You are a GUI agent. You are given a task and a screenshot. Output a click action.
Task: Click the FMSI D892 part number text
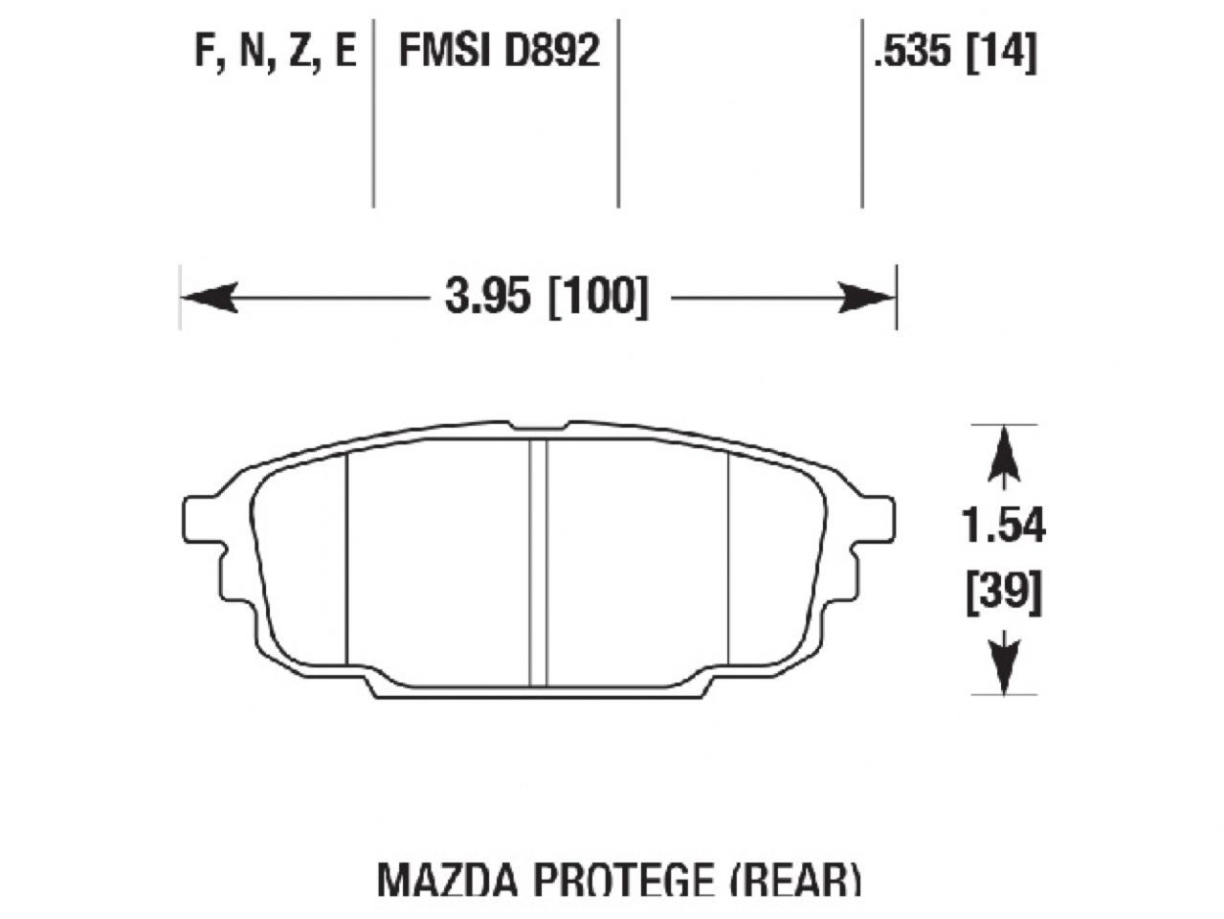tap(499, 50)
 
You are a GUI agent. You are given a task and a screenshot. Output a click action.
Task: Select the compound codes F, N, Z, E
tap(275, 50)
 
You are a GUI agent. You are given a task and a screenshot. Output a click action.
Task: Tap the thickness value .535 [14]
tap(954, 50)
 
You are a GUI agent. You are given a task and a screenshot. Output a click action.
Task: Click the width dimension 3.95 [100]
tap(545, 298)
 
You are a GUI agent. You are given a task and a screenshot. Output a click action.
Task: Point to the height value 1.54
tap(1003, 527)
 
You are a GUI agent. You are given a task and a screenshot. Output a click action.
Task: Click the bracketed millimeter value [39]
tap(1003, 593)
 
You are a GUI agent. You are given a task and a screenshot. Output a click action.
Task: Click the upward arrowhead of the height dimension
tap(1003, 455)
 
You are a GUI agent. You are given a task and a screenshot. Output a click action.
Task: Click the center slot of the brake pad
tap(538, 563)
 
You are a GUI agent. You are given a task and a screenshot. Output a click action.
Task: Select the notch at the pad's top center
tap(539, 425)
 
